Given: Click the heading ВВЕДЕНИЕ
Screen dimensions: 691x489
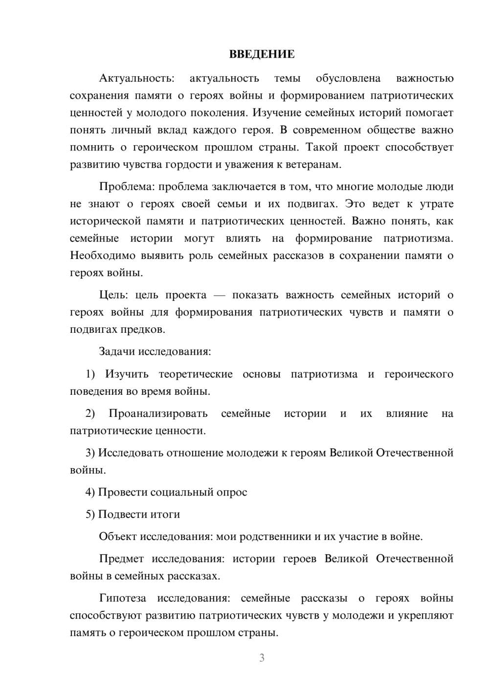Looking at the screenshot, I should coord(262,54).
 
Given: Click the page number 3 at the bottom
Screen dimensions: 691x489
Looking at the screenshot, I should coord(262,658).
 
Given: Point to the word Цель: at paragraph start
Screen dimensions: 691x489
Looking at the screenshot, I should coord(113,295).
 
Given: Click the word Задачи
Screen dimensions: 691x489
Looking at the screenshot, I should coord(117,352).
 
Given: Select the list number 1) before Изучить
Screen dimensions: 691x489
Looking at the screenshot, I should coord(90,374).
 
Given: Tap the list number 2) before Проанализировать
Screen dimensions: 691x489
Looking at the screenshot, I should coord(90,414).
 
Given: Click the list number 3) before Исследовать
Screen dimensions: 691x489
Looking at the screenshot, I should coord(90,453).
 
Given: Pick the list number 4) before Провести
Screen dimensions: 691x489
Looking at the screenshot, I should coord(90,493).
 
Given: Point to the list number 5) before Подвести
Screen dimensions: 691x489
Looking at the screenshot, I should coord(90,515).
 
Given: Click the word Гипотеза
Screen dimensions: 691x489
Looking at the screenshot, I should coord(124,599).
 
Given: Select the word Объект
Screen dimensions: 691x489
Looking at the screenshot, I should coord(118,537).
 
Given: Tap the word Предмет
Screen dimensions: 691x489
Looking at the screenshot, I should coord(121,559).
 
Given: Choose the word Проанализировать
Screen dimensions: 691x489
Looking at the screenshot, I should coord(158,414).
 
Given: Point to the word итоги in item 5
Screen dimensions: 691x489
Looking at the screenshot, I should coord(166,515).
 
